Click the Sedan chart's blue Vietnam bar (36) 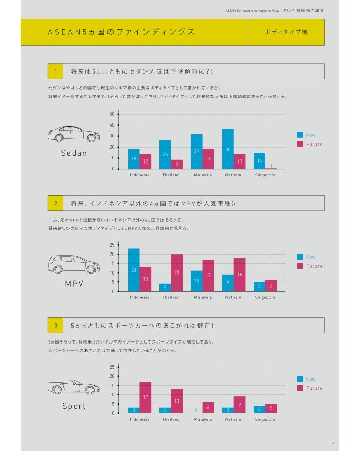tap(228, 149)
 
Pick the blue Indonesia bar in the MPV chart tap(134, 270)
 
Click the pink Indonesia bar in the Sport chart tap(145, 398)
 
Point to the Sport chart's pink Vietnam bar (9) tap(240, 405)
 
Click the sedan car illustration tap(74, 134)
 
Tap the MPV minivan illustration tap(74, 264)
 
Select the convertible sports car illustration tap(74, 387)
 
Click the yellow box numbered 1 tap(55, 71)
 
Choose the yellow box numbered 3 tap(55, 325)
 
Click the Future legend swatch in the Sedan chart tap(300, 144)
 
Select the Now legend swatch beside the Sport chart tap(300, 379)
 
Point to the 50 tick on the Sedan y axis tap(112, 114)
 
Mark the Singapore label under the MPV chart tap(265, 297)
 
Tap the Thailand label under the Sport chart tap(171, 419)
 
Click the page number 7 tap(333, 444)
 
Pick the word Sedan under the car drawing tap(74, 153)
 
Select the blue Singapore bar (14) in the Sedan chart tap(259, 160)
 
